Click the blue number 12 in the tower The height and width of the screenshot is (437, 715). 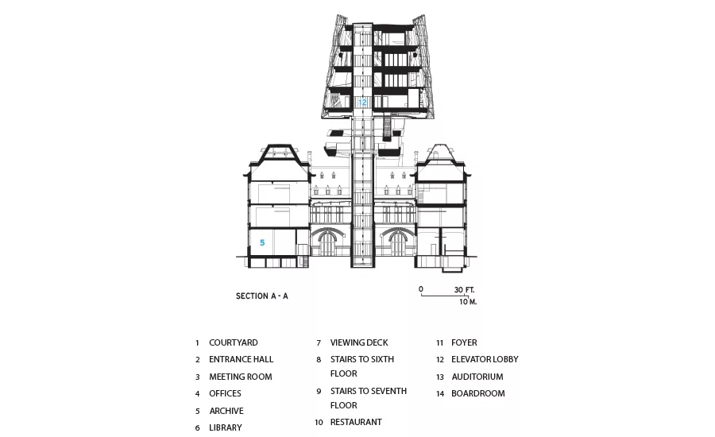click(x=362, y=102)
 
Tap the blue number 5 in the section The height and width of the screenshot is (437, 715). click(x=262, y=242)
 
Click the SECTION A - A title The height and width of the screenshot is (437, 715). click(x=261, y=296)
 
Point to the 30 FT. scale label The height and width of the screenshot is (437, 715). click(x=464, y=290)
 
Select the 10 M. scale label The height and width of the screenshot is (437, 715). click(x=468, y=301)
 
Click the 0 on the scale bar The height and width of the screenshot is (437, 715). click(x=421, y=289)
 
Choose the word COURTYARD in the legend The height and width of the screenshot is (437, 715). click(x=234, y=342)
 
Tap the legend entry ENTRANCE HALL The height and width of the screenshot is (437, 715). click(x=242, y=359)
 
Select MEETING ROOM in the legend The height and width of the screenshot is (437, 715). click(x=241, y=377)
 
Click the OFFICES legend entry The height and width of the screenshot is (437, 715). click(x=226, y=393)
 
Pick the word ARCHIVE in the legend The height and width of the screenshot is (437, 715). click(x=226, y=411)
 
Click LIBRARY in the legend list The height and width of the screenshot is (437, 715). click(x=226, y=428)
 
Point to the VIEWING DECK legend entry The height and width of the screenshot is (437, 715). click(x=359, y=342)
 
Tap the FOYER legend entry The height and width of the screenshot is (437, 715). click(x=464, y=342)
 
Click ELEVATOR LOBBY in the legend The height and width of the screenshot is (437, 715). click(x=485, y=359)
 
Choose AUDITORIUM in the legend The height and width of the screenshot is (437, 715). click(x=477, y=377)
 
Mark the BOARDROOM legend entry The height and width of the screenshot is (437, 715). click(x=478, y=393)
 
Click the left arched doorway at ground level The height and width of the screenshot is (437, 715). click(x=328, y=243)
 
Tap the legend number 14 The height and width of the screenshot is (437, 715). click(x=440, y=393)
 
